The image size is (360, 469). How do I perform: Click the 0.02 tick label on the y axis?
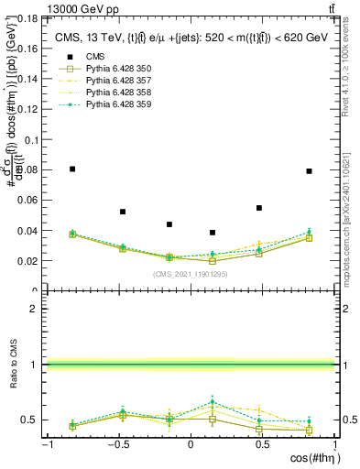point(34,260)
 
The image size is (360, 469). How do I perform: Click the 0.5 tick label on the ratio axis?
point(34,420)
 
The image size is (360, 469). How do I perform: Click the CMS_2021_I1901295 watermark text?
point(191,274)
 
